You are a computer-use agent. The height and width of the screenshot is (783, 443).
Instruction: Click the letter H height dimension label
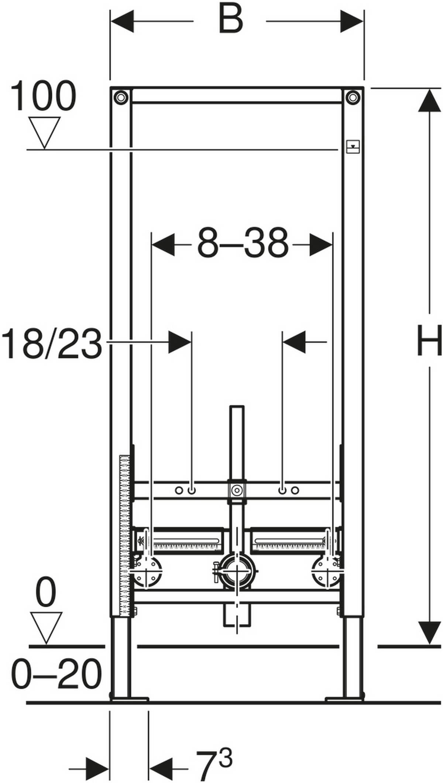[x=429, y=340]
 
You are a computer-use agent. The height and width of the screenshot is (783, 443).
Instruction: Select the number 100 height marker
[x=43, y=97]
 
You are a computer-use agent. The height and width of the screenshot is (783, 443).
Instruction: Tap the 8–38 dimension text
[x=243, y=244]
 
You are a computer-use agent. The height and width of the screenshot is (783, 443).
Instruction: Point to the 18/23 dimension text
[x=52, y=344]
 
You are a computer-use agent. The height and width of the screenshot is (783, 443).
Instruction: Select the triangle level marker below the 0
[x=46, y=628]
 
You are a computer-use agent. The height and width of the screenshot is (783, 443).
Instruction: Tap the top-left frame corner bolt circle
[x=120, y=97]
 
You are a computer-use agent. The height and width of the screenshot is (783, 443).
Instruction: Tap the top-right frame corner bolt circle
[x=353, y=97]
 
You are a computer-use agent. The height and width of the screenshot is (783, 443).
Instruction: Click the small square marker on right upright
[x=353, y=146]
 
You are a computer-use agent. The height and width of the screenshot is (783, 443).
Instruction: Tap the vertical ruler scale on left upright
[x=125, y=535]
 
